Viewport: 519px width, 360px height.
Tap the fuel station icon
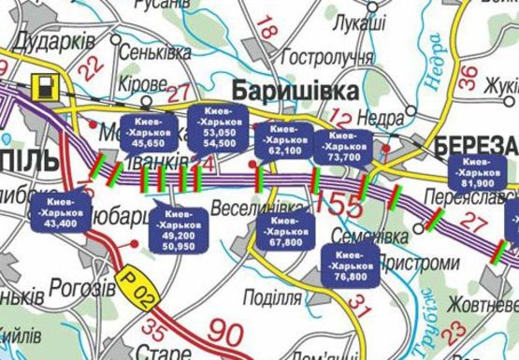coord(43,88)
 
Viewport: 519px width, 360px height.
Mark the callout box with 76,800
coord(351,266)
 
